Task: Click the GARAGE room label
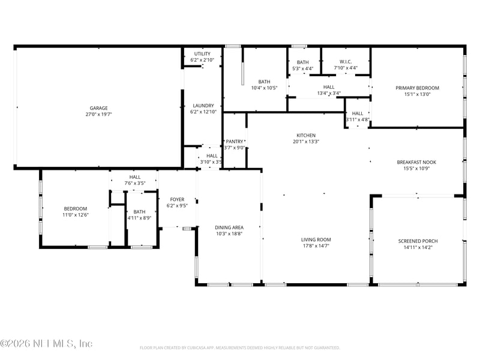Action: tap(99, 108)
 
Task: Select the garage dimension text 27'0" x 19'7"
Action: tap(99, 114)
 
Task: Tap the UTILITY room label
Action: tap(202, 54)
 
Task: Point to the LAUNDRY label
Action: tap(202, 106)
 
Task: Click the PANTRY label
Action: tap(234, 142)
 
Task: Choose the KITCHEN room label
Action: tap(305, 136)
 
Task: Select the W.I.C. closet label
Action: tap(346, 62)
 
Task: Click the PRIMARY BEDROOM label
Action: tap(417, 88)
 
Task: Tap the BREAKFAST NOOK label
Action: tap(416, 162)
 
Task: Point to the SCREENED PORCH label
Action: tap(418, 241)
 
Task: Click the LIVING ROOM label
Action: tap(316, 239)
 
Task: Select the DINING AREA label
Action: tap(229, 227)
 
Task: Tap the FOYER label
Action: tap(177, 199)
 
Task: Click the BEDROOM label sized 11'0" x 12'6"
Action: tap(76, 209)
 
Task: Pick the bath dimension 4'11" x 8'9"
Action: tap(139, 218)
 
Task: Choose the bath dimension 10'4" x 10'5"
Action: tap(264, 88)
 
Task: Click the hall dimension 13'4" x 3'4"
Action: tap(329, 93)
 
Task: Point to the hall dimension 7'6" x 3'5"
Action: tap(134, 183)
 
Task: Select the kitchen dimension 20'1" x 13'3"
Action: tap(305, 142)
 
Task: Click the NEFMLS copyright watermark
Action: tap(47, 344)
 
